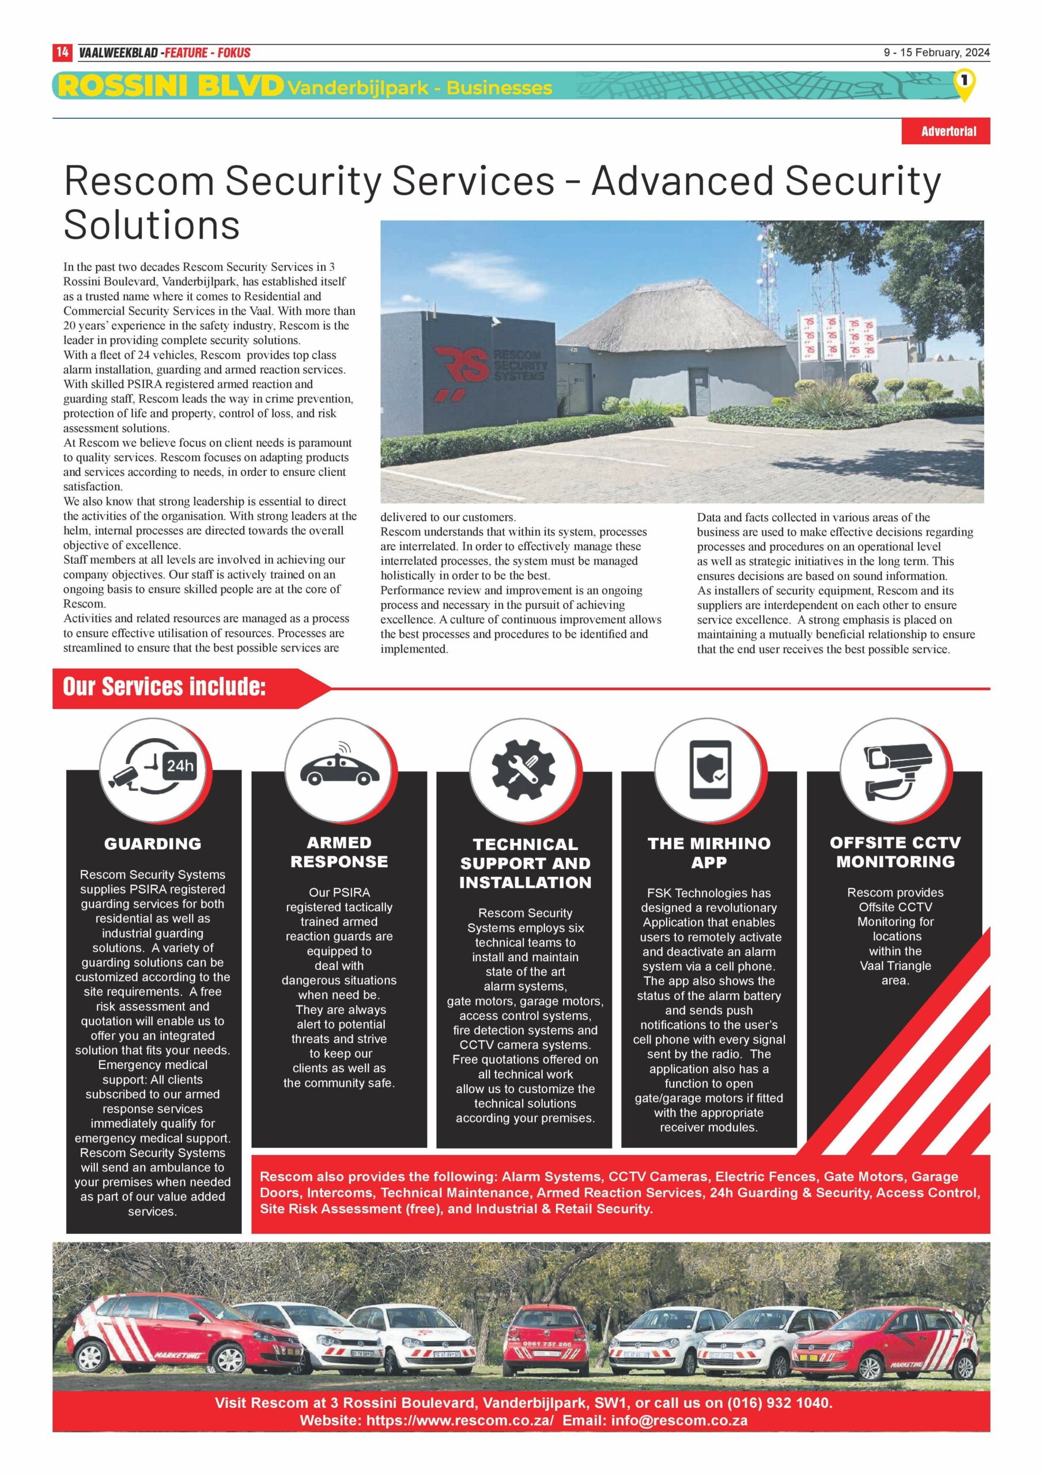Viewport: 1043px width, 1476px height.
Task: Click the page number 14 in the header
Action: click(62, 52)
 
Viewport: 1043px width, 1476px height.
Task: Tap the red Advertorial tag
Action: click(947, 131)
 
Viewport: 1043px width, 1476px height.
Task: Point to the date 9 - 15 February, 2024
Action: click(936, 52)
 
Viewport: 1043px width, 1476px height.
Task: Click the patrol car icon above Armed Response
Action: click(339, 767)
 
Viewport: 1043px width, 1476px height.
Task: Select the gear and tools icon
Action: click(524, 769)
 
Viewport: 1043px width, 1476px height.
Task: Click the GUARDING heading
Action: click(153, 844)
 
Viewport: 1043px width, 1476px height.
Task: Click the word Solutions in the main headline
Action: click(152, 224)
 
